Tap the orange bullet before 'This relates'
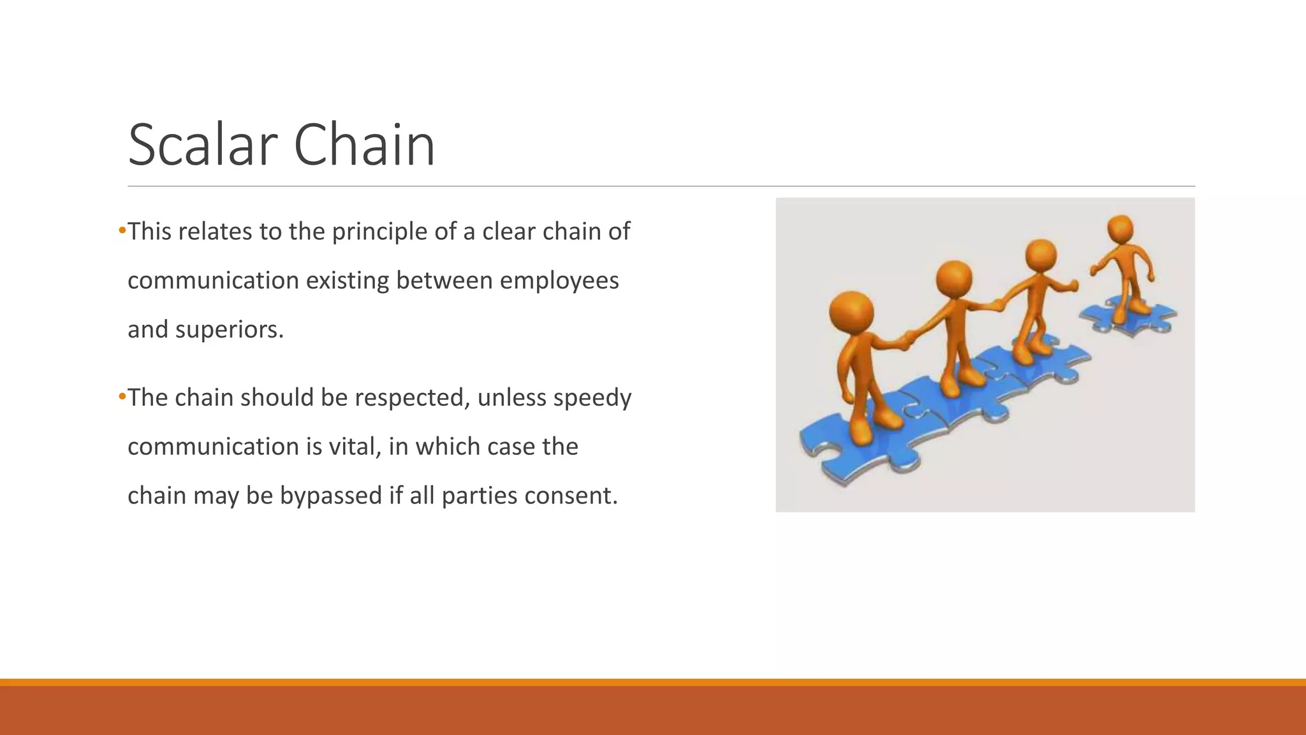pos(122,230)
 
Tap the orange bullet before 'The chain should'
pos(122,396)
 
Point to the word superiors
pos(228,330)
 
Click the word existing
pos(348,281)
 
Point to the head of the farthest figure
pos(1120,228)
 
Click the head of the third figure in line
pos(1041,256)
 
